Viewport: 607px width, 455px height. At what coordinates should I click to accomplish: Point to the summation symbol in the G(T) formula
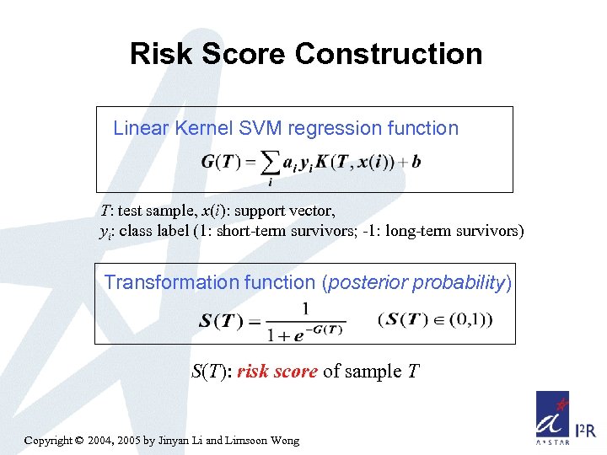coord(270,162)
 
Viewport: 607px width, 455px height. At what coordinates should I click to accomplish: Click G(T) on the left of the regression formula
coord(221,162)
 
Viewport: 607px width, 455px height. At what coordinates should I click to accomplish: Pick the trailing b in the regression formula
coord(416,161)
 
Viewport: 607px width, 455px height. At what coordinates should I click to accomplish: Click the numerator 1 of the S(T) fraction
coord(304,308)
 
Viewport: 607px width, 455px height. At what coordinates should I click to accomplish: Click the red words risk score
coord(277,372)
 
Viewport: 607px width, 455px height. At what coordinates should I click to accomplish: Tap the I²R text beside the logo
coord(585,431)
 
